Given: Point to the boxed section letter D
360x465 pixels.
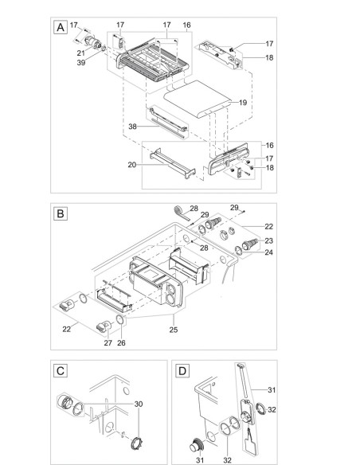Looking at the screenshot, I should click(x=183, y=370).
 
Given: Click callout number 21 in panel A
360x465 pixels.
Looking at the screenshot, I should click(x=80, y=53).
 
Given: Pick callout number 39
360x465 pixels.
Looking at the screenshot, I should click(x=80, y=64).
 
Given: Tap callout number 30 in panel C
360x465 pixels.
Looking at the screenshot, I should click(x=141, y=404).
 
